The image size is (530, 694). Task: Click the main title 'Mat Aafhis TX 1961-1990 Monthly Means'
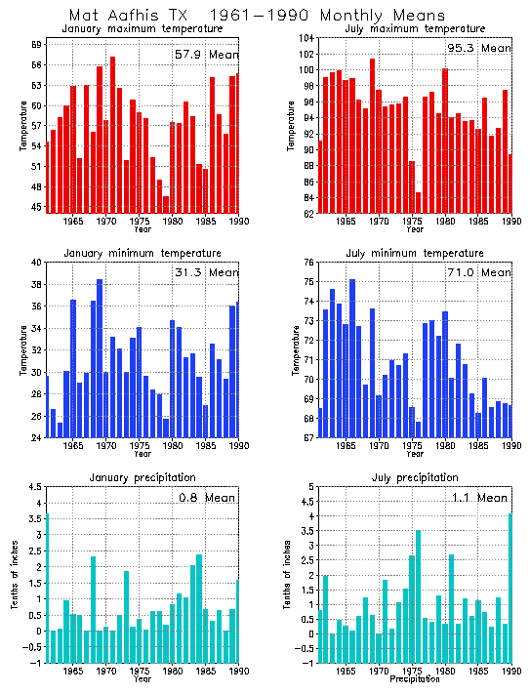(x=257, y=16)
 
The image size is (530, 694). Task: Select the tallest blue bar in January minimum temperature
(x=100, y=358)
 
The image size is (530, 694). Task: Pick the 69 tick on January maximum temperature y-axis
(x=35, y=45)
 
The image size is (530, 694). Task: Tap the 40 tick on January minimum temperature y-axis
(x=35, y=263)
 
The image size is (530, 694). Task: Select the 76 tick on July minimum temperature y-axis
(x=307, y=263)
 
